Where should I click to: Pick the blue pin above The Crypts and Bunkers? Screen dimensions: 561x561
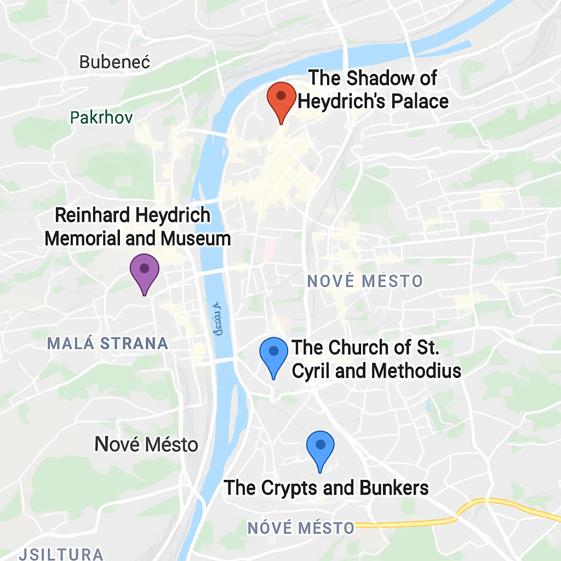point(320,447)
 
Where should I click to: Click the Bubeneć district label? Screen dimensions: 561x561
point(115,62)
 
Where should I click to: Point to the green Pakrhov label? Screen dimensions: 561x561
point(101,117)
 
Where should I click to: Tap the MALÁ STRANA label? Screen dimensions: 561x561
point(107,344)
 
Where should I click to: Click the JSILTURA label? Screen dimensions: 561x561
point(61,553)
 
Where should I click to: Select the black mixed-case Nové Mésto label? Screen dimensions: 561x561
point(146,444)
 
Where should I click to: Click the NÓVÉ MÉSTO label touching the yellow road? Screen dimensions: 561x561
point(301,528)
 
